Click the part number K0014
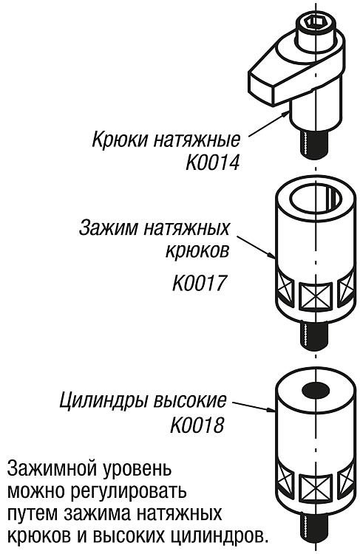click(x=213, y=163)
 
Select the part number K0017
click(x=199, y=283)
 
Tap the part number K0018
click(x=197, y=425)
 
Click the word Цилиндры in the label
click(x=104, y=402)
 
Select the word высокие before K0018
click(x=191, y=401)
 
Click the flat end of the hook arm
click(x=262, y=87)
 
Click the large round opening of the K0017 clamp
click(x=316, y=200)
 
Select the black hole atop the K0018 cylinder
click(x=316, y=390)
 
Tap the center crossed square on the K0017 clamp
click(x=315, y=295)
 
